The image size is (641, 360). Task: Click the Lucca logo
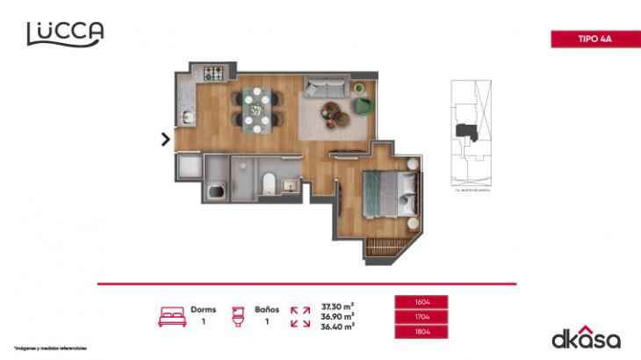click(65, 32)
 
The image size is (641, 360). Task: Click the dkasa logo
click(585, 337)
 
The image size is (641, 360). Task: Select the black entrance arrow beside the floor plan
click(165, 138)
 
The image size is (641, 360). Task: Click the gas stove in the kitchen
click(214, 74)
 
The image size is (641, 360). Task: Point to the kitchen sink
click(186, 117)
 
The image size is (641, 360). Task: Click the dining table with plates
click(258, 108)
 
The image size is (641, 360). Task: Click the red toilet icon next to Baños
click(236, 316)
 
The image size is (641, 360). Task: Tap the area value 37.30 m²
click(338, 306)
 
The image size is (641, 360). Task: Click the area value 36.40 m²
click(338, 326)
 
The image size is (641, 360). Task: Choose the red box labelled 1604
click(422, 301)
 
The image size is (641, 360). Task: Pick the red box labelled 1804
click(422, 332)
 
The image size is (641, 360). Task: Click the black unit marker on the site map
click(466, 131)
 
